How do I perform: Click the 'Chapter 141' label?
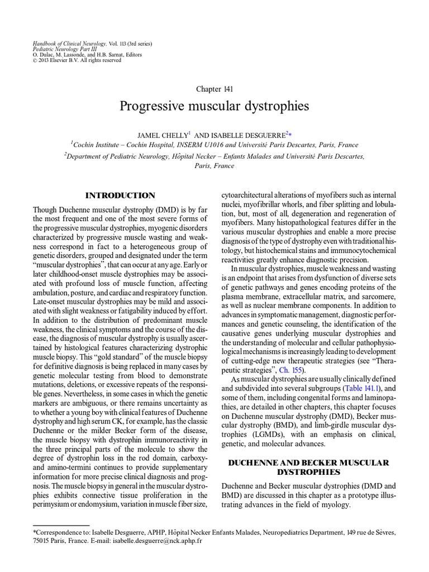(x=214, y=89)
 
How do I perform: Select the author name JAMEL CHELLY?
(x=162, y=134)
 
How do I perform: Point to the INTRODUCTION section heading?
(x=120, y=196)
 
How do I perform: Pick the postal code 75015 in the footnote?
(x=44, y=541)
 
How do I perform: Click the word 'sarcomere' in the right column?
(x=379, y=296)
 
